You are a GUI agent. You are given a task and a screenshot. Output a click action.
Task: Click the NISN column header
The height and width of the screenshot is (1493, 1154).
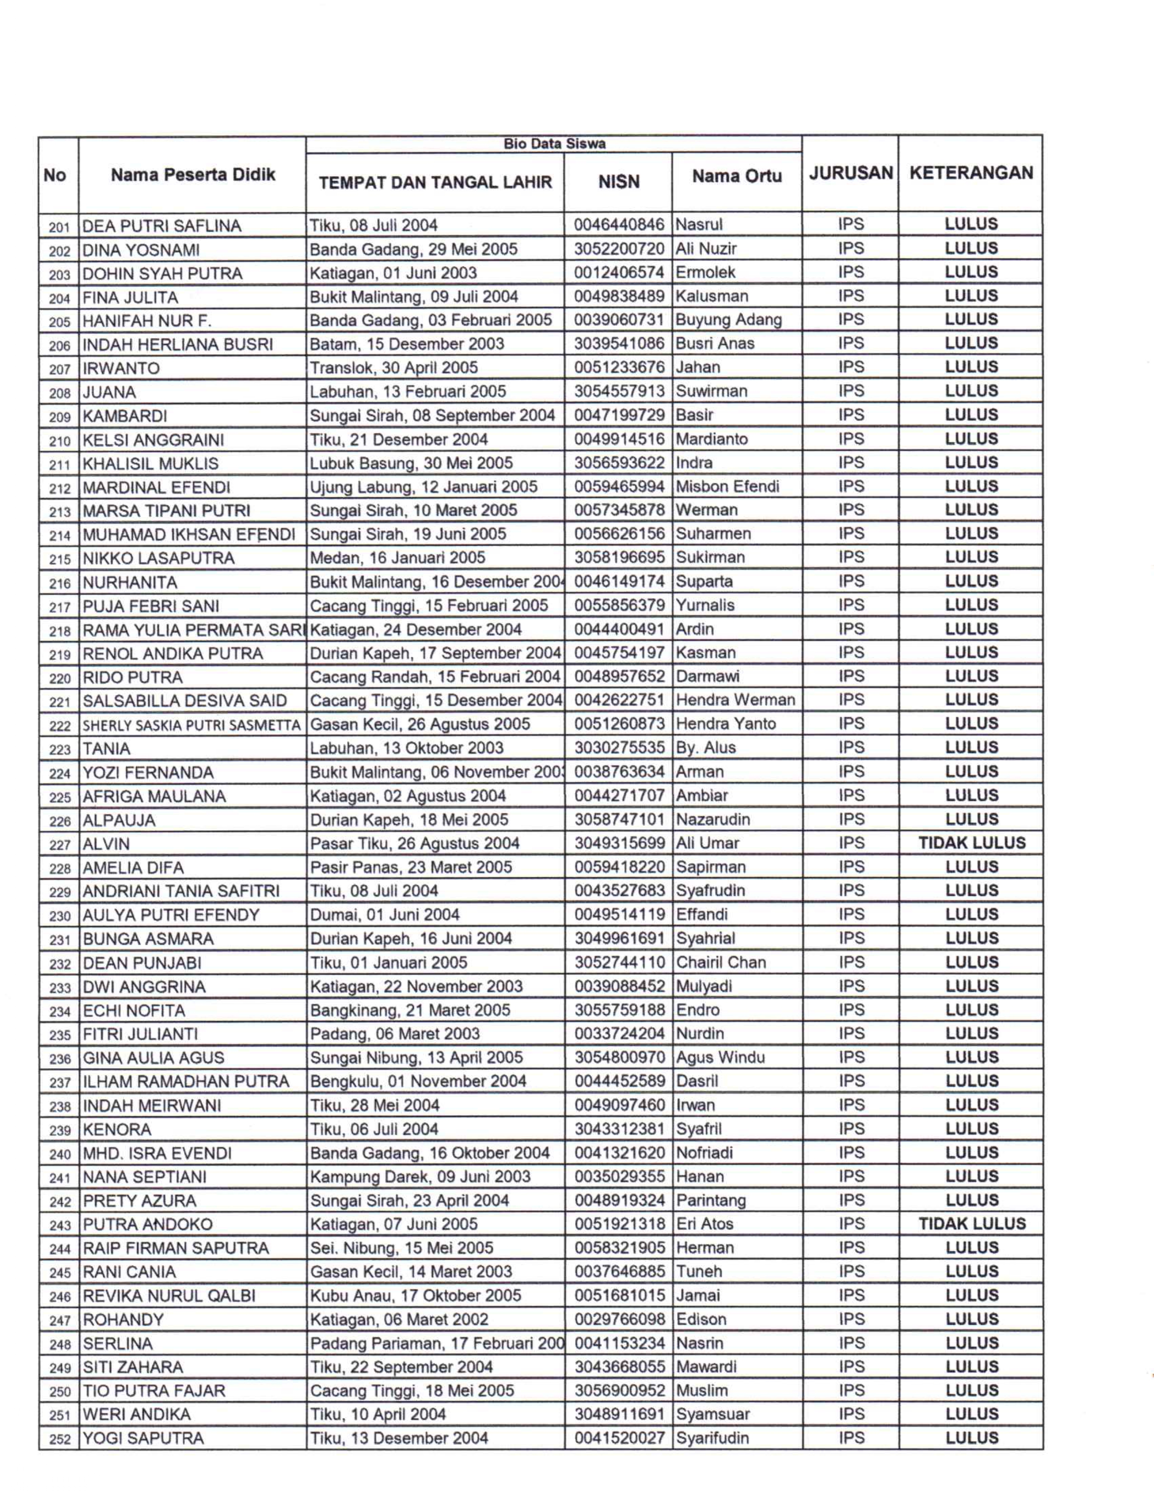pyautogui.click(x=619, y=182)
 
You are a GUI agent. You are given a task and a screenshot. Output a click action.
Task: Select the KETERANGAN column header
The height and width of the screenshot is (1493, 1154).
pyautogui.click(x=971, y=173)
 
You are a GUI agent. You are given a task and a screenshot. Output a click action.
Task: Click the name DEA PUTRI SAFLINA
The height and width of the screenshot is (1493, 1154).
pyautogui.click(x=162, y=226)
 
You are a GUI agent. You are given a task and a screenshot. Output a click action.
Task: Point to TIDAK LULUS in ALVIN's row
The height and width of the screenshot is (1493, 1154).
pyautogui.click(x=972, y=843)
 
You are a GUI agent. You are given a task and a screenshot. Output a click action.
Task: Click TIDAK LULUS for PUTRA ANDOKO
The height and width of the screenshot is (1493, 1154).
pyautogui.click(x=972, y=1224)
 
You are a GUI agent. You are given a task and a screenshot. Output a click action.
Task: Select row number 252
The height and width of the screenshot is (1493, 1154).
pyautogui.click(x=59, y=1439)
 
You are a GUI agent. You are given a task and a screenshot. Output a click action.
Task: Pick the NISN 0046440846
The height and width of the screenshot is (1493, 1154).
pyautogui.click(x=619, y=225)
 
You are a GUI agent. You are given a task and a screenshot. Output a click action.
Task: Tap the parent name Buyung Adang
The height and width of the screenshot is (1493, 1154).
pyautogui.click(x=728, y=320)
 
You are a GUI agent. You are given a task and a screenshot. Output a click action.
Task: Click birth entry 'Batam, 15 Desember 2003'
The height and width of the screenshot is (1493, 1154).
pyautogui.click(x=407, y=344)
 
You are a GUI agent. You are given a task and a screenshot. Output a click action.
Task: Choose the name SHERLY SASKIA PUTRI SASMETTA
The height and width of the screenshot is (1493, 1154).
pyautogui.click(x=191, y=725)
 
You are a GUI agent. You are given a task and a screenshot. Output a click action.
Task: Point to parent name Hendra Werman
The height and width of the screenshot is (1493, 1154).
pyautogui.click(x=735, y=700)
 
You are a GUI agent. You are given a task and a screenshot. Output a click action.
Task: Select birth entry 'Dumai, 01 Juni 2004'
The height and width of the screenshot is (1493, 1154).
pyautogui.click(x=385, y=915)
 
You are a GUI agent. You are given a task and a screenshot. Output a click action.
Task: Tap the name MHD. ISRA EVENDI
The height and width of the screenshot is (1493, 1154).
pyautogui.click(x=157, y=1153)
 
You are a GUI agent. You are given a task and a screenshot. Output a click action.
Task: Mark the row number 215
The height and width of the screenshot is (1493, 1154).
pyautogui.click(x=59, y=559)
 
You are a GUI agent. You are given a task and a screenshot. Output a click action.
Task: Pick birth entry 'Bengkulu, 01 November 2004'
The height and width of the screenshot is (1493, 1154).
pyautogui.click(x=418, y=1081)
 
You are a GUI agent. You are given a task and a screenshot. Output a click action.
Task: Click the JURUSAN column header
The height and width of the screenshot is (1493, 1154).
pyautogui.click(x=850, y=173)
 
